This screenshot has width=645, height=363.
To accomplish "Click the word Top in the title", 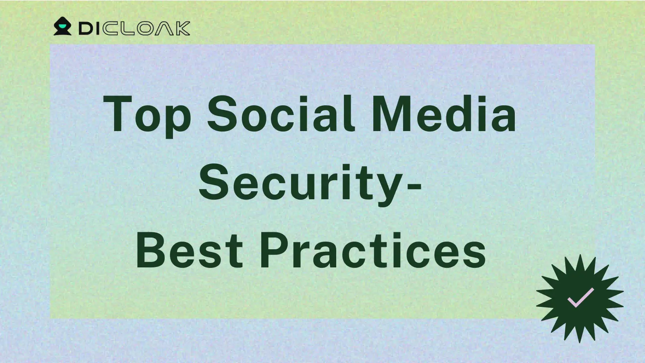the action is (147, 116).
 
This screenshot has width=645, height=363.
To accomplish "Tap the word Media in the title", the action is (444, 114).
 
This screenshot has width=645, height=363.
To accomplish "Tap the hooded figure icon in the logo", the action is (62, 26).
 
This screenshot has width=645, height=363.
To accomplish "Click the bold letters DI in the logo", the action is (89, 29).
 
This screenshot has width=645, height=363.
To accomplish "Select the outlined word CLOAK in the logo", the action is (146, 29).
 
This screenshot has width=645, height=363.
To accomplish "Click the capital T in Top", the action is (117, 114).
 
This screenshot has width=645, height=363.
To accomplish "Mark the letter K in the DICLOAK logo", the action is (183, 29).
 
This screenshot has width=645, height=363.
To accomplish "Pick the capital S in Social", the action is (222, 114).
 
